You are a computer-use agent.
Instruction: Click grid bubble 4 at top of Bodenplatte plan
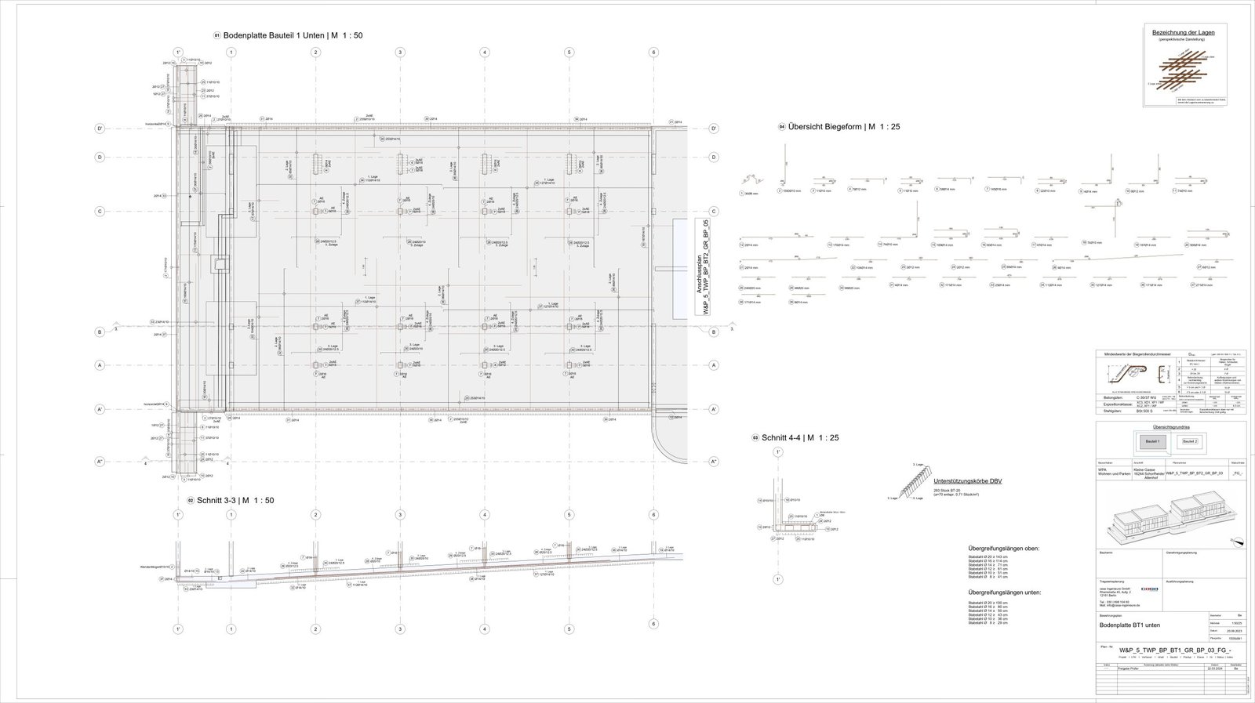pos(485,53)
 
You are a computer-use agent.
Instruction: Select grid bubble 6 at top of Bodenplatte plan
pos(653,53)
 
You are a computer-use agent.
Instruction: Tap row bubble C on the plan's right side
pos(714,212)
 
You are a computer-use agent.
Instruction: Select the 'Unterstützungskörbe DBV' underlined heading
pos(967,480)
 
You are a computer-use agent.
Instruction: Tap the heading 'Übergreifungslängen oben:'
pos(1003,548)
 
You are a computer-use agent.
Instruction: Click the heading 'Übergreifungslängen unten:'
pos(1004,592)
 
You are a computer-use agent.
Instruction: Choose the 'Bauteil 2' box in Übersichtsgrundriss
pos(1191,441)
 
